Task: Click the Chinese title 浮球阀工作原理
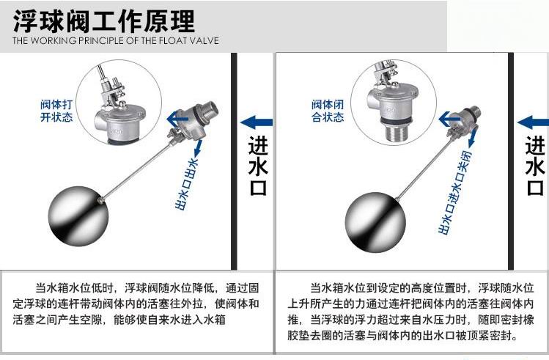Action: click(x=103, y=21)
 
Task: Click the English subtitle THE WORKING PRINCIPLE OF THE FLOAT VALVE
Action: click(x=116, y=40)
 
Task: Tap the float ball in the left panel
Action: click(x=78, y=216)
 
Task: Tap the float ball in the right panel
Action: click(x=375, y=222)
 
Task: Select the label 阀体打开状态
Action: click(x=56, y=110)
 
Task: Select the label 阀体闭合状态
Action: click(x=328, y=110)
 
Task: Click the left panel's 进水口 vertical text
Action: click(x=258, y=165)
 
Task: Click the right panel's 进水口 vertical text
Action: click(x=534, y=165)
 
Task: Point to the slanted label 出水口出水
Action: click(x=187, y=184)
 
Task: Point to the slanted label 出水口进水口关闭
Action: click(x=455, y=192)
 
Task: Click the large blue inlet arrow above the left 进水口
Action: click(x=257, y=122)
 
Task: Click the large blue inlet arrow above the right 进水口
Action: click(x=533, y=122)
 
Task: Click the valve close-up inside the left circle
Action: click(x=118, y=105)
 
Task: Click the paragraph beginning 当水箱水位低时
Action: click(x=136, y=304)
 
